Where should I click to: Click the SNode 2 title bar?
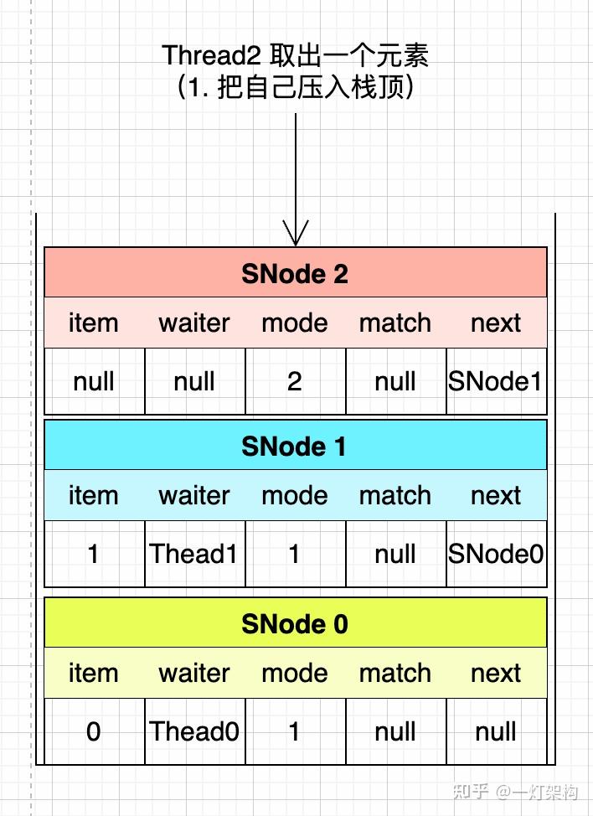tap(295, 273)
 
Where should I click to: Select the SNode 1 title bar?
tap(295, 446)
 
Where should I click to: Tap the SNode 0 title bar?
tap(295, 623)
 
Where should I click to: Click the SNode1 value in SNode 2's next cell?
tap(496, 381)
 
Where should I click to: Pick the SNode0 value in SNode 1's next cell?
tap(496, 554)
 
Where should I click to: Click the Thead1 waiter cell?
tap(194, 554)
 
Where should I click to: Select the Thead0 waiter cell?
tap(194, 731)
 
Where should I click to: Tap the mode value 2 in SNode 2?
tap(295, 381)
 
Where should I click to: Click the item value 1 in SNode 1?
tap(93, 554)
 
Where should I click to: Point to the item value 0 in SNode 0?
tap(93, 731)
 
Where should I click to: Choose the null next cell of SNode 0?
tap(496, 731)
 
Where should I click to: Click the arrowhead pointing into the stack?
tap(296, 234)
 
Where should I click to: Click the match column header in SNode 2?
tap(395, 323)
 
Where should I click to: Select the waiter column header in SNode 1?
tap(194, 495)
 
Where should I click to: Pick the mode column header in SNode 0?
tap(295, 673)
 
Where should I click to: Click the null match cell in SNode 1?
tap(395, 554)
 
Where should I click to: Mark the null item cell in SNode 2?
tap(93, 381)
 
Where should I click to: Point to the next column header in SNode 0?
tap(496, 673)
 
